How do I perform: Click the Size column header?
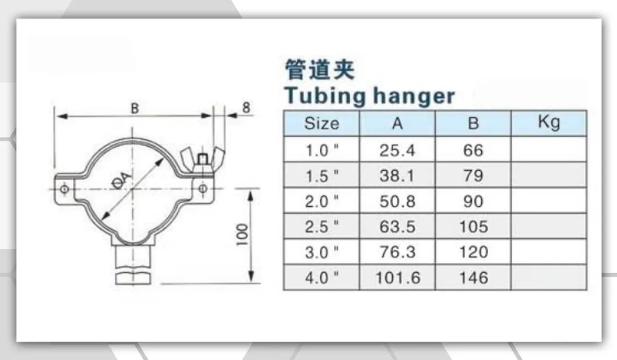pos(322,123)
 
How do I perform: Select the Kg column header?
pos(549,123)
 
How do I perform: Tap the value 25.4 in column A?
pos(397,150)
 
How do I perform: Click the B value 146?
pos(473,277)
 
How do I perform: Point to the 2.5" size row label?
pos(322,226)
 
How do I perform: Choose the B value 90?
pos(473,201)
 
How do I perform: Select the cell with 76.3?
pos(397,252)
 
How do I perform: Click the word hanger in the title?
pos(411,96)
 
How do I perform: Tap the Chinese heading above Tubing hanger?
pos(319,70)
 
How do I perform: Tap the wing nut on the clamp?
pos(201,160)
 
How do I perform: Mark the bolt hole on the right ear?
pos(203,188)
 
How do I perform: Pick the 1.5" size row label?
pos(322,176)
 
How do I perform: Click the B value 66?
pos(473,150)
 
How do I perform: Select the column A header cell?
pos(397,123)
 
